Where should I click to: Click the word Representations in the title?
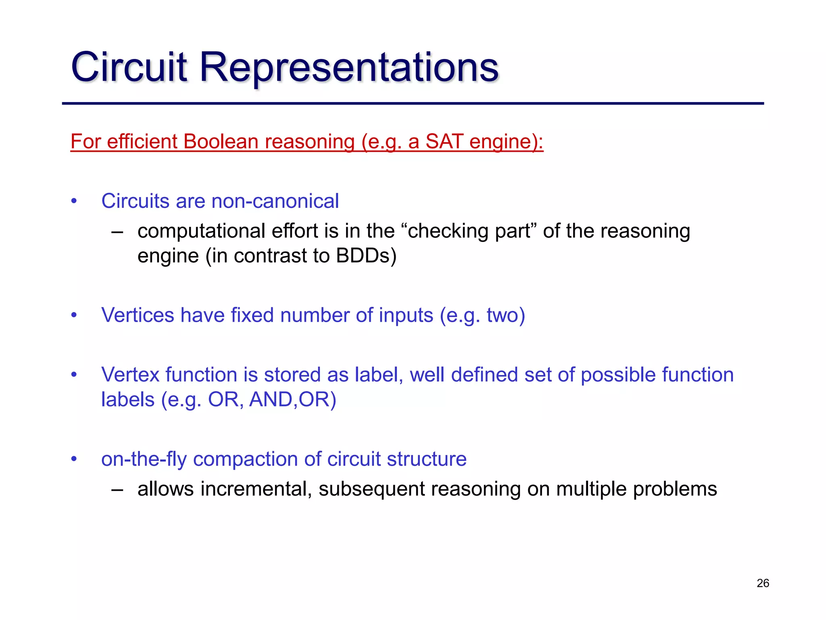click(x=349, y=67)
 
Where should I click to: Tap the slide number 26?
click(x=763, y=583)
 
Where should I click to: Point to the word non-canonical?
click(x=275, y=201)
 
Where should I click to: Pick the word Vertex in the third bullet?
click(x=130, y=375)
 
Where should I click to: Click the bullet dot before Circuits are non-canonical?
click(x=74, y=201)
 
